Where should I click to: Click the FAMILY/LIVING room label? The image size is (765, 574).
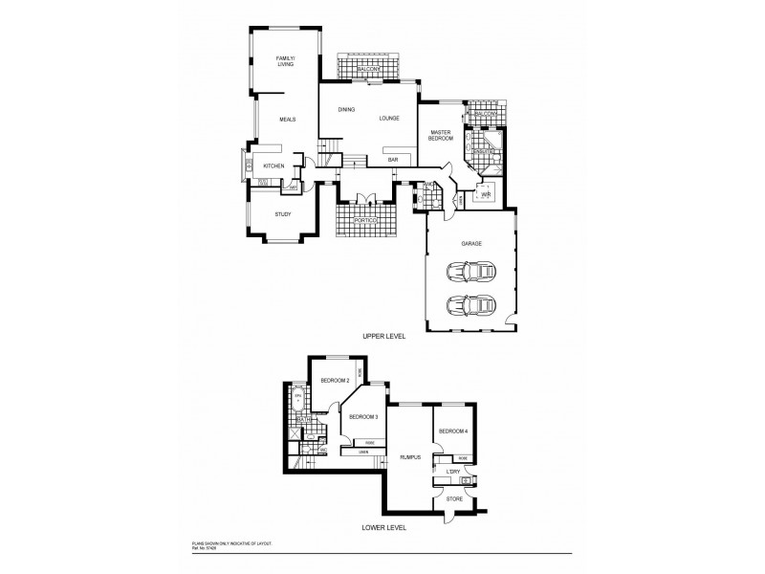tap(285, 62)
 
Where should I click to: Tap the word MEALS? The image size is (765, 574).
tap(287, 120)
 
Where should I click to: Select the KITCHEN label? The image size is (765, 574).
tap(273, 166)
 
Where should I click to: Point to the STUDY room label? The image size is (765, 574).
tap(282, 214)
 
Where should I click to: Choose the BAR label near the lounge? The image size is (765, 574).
tap(392, 160)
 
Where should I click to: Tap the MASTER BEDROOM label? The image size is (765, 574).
tap(441, 136)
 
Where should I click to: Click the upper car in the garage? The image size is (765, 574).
tap(470, 273)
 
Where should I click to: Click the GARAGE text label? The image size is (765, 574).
tap(470, 244)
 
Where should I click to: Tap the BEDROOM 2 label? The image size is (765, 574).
tap(332, 381)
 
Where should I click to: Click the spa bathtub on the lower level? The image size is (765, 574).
tap(297, 398)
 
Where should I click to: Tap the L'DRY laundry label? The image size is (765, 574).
tap(453, 472)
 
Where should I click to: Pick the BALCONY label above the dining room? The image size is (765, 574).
tap(369, 70)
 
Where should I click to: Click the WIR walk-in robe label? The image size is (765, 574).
tap(486, 194)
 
